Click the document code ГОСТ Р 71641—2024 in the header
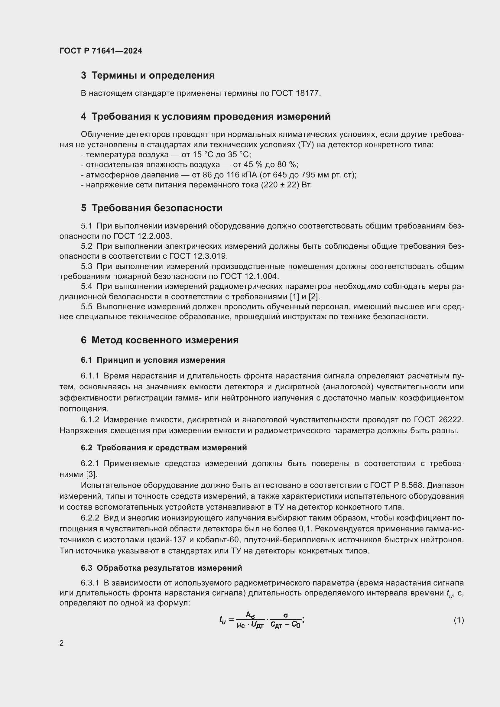pyautogui.click(x=101, y=51)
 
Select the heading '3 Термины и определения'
pyautogui.click(x=148, y=76)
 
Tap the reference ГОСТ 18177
pyautogui.click(x=296, y=93)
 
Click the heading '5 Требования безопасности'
pyautogui.click(x=151, y=208)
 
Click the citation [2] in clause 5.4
pyautogui.click(x=315, y=297)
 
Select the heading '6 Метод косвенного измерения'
pyautogui.click(x=160, y=340)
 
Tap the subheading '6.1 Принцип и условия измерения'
pyautogui.click(x=153, y=360)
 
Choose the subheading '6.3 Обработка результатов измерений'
pyautogui.click(x=161, y=568)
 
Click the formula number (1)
pyautogui.click(x=459, y=620)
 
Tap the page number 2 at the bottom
pyautogui.click(x=62, y=644)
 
